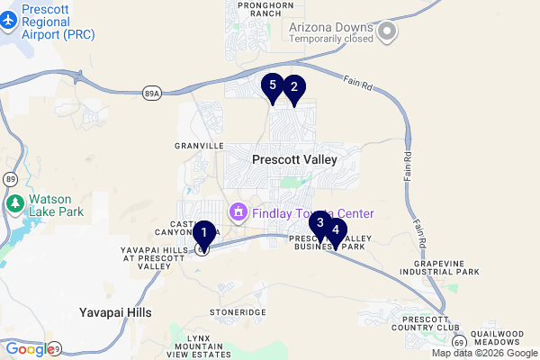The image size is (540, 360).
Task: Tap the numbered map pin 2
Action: coord(292,88)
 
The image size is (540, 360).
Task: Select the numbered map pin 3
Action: coord(320,223)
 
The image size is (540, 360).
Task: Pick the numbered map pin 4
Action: coord(336,230)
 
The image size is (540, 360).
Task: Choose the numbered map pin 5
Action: coord(273,86)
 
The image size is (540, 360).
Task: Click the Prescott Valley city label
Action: coord(294,159)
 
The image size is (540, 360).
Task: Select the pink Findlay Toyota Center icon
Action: coord(238,213)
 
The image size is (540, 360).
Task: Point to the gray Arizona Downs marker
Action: coord(388,31)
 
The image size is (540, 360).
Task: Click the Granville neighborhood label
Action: coord(199,145)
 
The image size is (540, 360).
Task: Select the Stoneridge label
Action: coord(238,311)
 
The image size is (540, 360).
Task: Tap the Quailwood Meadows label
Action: coord(496,338)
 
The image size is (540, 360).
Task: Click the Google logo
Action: coord(29,349)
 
